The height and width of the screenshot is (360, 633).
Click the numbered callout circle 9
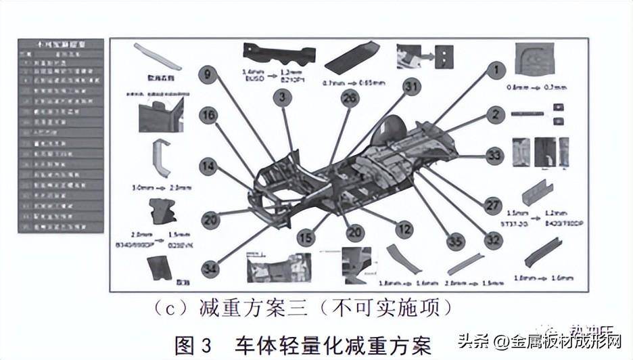[x=208, y=74]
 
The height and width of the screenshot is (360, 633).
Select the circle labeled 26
[x=349, y=99]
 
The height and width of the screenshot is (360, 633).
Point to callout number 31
[x=411, y=87]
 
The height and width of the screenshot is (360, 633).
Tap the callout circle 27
[x=492, y=204]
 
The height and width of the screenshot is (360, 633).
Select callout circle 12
[x=404, y=229]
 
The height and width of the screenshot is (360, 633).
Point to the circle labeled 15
[x=306, y=238]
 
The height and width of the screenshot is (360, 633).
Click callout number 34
[x=212, y=269]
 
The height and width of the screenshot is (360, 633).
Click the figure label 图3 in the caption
[x=193, y=345]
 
